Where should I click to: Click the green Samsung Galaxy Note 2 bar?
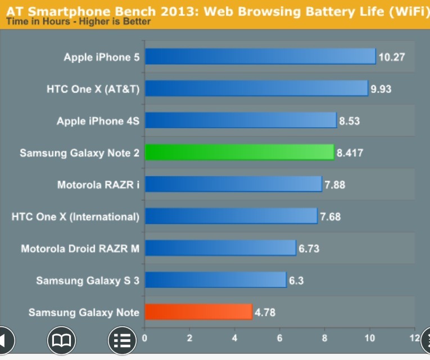pyautogui.click(x=239, y=152)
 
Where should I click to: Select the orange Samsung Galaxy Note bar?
pyautogui.click(x=198, y=312)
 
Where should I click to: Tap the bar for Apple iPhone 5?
pyautogui.click(x=260, y=57)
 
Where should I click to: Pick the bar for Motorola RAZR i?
pyautogui.click(x=233, y=184)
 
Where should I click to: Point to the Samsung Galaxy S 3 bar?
pyautogui.click(x=216, y=280)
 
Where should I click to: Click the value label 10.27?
pyautogui.click(x=392, y=57)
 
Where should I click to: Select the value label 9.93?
pyautogui.click(x=381, y=89)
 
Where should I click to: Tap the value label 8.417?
pyautogui.click(x=350, y=152)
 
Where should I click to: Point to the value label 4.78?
pyautogui.click(x=265, y=312)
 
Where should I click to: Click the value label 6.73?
pyautogui.click(x=309, y=248)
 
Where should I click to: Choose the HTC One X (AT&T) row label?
pyautogui.click(x=93, y=89)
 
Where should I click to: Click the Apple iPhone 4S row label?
pyautogui.click(x=98, y=121)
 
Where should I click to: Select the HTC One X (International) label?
pyautogui.click(x=75, y=216)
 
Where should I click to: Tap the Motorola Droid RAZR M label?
pyautogui.click(x=80, y=248)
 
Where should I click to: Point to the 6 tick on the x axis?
pyautogui.click(x=280, y=338)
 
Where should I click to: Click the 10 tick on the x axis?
pyautogui.click(x=369, y=338)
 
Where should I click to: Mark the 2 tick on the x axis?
pyautogui.click(x=190, y=338)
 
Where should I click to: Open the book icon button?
pyautogui.click(x=61, y=340)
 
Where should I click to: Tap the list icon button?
pyautogui.click(x=122, y=340)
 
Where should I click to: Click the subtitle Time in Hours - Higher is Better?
pyautogui.click(x=78, y=21)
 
